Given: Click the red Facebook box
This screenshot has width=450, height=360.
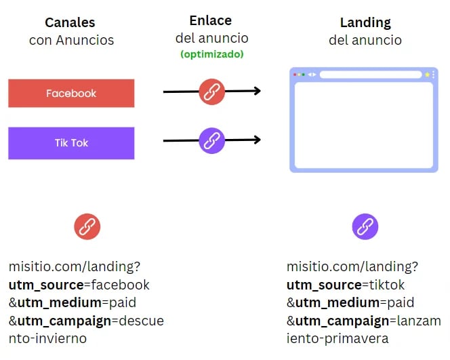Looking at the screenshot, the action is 71,94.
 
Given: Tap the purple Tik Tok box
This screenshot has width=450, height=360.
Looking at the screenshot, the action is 71,143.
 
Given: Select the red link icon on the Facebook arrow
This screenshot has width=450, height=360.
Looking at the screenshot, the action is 212,92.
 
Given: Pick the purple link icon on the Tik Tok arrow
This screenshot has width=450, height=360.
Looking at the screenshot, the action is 212,140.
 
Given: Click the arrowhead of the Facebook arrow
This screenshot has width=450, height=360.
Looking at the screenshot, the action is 257,91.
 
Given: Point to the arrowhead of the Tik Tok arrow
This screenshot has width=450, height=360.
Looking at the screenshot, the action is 257,140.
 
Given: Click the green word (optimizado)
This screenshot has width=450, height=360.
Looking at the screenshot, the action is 212,54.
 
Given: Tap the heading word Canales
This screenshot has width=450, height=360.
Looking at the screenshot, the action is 70,22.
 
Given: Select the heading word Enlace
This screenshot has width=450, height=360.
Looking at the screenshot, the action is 210,20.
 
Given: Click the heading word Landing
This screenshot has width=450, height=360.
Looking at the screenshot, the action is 365,22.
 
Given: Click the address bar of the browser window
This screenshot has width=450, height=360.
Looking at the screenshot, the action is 371,75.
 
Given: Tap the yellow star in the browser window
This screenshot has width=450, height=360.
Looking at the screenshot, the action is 427,75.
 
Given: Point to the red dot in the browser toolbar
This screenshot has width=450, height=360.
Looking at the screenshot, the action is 295,75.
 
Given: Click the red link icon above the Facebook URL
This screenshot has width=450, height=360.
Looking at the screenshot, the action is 87,226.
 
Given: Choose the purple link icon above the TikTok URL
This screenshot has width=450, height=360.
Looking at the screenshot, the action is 365,226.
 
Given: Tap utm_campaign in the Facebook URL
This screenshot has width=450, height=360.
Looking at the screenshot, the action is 64,321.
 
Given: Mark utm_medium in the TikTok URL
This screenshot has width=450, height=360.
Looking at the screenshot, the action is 337,303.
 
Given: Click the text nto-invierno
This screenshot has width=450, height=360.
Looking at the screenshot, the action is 47,338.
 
